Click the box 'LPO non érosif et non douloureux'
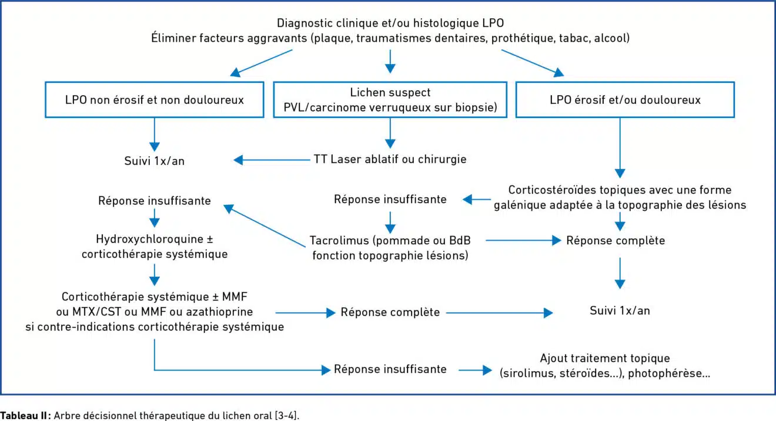point(154,100)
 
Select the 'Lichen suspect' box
point(390,100)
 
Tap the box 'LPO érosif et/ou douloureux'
point(624,100)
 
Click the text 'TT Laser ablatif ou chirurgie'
point(390,159)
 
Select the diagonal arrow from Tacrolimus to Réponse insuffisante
point(265,225)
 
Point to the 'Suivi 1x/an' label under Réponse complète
point(620,311)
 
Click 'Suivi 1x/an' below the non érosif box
point(153,160)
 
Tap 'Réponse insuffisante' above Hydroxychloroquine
point(154,201)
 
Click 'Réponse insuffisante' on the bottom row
point(390,369)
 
